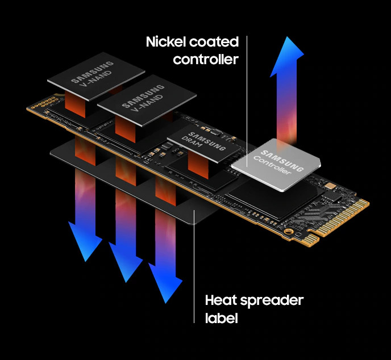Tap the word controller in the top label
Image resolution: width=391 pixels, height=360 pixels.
click(x=205, y=59)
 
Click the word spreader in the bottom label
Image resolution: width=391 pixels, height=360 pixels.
click(x=272, y=300)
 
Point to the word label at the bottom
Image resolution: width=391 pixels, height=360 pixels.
click(x=221, y=318)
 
